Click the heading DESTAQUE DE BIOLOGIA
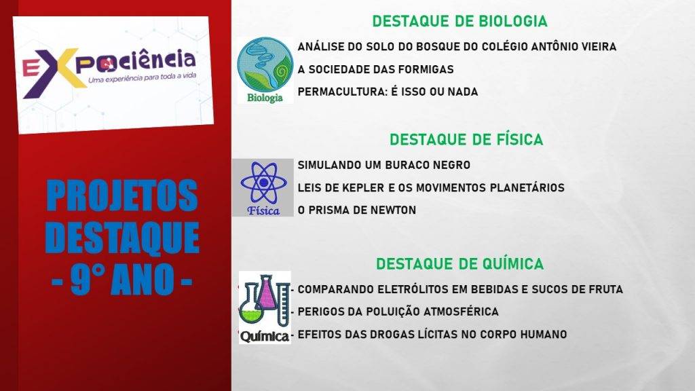[x=459, y=21]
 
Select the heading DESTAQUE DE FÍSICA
[x=466, y=140]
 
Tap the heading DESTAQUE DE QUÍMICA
[x=459, y=264]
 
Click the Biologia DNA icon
[x=265, y=70]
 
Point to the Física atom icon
[x=263, y=187]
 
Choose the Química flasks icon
[x=265, y=308]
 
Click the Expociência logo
[x=113, y=75]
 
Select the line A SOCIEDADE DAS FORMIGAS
[x=375, y=69]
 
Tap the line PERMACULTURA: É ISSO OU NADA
[x=388, y=92]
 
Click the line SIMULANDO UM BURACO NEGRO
[x=384, y=165]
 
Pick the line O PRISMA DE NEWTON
[x=357, y=210]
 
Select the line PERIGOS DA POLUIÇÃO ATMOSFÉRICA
[x=398, y=312]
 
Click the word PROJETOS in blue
[x=122, y=195]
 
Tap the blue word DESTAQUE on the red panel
[x=122, y=238]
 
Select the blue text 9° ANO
[x=122, y=279]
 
